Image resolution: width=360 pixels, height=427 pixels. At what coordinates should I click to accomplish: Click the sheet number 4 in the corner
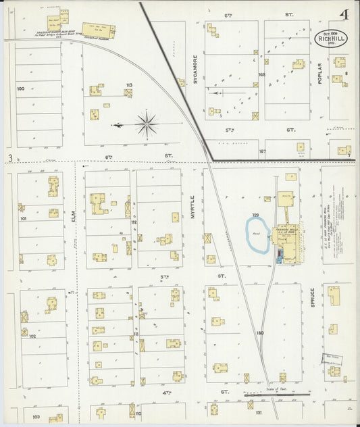pos(345,14)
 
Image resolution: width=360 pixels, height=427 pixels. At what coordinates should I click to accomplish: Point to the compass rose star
pos(147,124)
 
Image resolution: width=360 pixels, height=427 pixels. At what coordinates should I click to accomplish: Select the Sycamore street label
pos(195,68)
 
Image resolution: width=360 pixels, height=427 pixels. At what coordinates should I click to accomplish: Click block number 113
pos(128,85)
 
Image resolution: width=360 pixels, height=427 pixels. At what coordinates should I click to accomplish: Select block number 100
pos(20,89)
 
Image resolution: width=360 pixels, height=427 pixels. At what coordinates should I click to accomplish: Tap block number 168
pos(261,74)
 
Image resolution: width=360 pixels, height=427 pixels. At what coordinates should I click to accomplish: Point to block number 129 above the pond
pos(256,215)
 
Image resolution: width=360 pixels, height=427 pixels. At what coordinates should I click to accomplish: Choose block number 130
pos(260,333)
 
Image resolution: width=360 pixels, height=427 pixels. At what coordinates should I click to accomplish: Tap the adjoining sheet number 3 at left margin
pos(10,159)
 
